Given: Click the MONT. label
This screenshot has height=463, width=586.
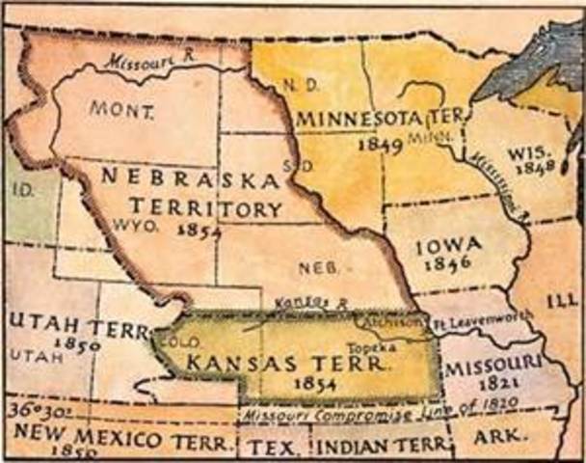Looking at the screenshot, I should point(121,110).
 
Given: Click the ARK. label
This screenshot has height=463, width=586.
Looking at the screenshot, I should point(493,447).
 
